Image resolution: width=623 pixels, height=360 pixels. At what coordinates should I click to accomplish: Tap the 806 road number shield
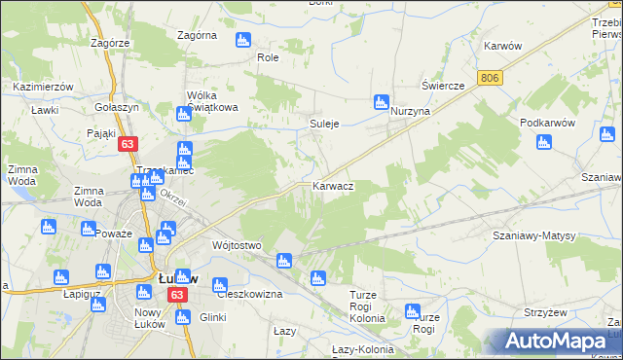pyautogui.click(x=490, y=77)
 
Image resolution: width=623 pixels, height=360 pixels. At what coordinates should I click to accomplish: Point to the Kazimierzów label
pyautogui.click(x=44, y=87)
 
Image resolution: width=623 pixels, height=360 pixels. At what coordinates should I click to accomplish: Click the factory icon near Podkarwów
pyautogui.click(x=544, y=143)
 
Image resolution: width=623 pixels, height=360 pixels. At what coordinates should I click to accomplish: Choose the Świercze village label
pyautogui.click(x=443, y=86)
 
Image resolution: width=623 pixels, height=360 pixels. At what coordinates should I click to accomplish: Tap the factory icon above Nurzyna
pyautogui.click(x=382, y=102)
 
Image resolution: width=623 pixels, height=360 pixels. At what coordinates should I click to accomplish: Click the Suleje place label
pyautogui.click(x=323, y=125)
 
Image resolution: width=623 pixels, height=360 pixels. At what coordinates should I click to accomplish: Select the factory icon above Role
pyautogui.click(x=242, y=40)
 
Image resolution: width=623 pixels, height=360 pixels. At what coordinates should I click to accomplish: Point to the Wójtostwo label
pyautogui.click(x=237, y=246)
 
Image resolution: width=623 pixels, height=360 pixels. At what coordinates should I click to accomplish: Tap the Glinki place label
pyautogui.click(x=212, y=317)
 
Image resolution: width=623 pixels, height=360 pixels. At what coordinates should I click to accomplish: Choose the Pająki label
pyautogui.click(x=101, y=132)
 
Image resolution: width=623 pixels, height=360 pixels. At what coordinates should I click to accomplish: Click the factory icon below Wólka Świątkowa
pyautogui.click(x=183, y=115)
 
